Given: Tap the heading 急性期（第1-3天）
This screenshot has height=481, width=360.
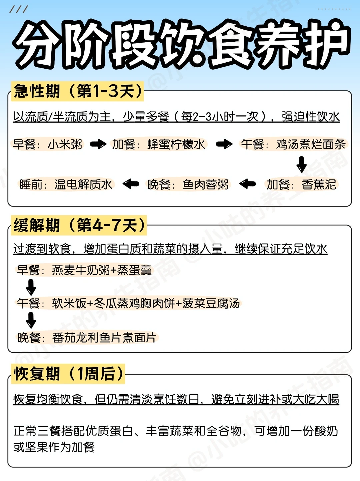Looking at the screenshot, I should pos(78,91).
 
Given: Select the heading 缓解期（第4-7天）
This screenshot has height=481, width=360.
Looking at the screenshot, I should pos(79,225).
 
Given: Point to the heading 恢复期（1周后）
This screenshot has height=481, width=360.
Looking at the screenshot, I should pos(68,374).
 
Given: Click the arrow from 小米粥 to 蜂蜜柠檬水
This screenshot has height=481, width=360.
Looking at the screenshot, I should pos(98,144).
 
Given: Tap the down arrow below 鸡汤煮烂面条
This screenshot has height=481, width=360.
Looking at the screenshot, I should pos(302,164).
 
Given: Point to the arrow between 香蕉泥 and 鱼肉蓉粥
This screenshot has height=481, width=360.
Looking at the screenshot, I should pos(248,184).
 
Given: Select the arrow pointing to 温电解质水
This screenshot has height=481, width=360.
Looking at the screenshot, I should pos(131,184).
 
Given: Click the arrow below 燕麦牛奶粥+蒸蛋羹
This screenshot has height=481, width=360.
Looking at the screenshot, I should pos(31,286).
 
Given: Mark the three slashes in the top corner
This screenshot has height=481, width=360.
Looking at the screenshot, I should pos(18,9).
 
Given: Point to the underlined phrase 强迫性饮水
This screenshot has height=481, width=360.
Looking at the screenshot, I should pos(310,117).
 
